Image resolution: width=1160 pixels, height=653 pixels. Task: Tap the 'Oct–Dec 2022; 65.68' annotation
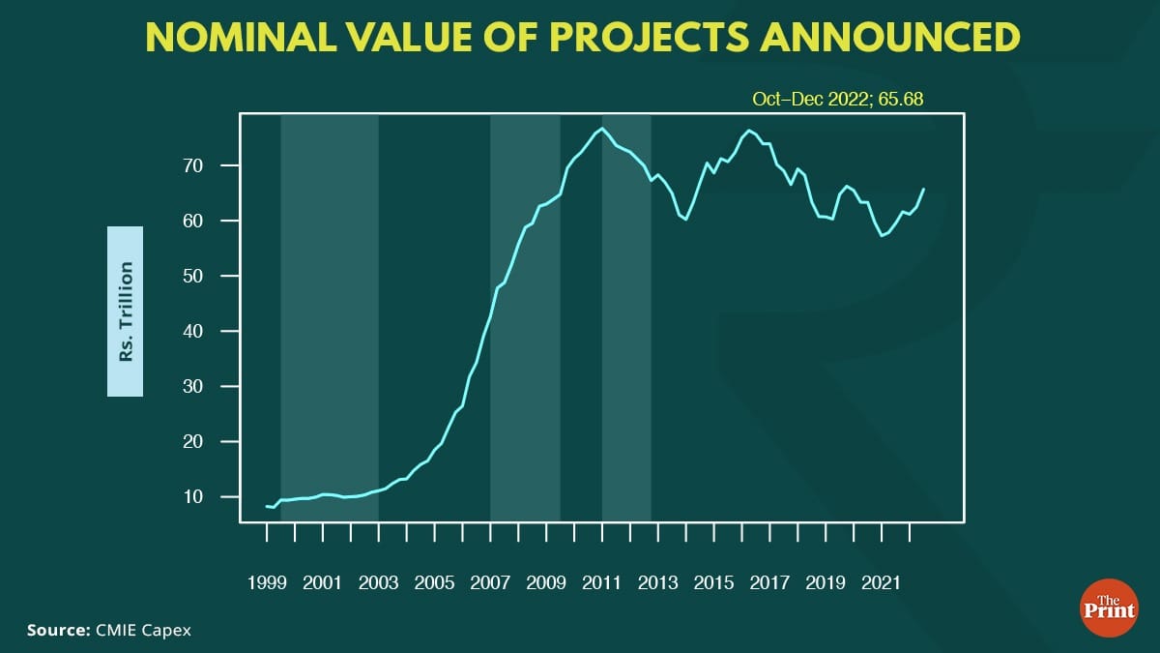pos(832,99)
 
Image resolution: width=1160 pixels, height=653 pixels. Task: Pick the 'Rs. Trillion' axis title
pos(125,312)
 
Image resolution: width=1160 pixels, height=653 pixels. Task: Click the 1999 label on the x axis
pos(266,583)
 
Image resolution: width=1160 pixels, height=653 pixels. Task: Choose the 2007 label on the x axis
pos(490,583)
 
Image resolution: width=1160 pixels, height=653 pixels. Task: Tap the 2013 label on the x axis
pos(658,583)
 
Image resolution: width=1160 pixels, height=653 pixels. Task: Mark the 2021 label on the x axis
pos(883,583)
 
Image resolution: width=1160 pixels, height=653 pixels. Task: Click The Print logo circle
pos(1109,608)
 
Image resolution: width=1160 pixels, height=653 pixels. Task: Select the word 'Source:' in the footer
pos(58,631)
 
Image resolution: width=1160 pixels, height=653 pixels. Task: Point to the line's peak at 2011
pos(602,128)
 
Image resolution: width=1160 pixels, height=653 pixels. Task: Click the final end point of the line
pos(924,189)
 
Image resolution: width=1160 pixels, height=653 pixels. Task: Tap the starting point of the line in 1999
pos(266,506)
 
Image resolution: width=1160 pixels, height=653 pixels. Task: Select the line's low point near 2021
pos(882,235)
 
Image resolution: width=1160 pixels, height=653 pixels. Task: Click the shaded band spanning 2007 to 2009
pos(525,319)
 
